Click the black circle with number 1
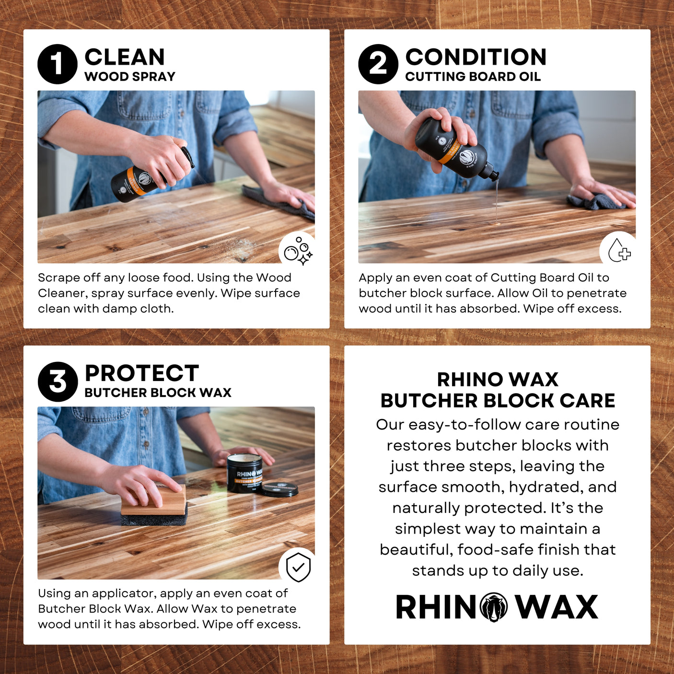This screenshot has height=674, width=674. [58, 64]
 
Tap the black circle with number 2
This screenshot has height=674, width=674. [378, 64]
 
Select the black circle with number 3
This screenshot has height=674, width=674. [58, 382]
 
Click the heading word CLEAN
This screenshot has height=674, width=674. [125, 57]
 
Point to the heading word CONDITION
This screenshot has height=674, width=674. [476, 57]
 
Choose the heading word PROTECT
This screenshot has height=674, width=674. [141, 373]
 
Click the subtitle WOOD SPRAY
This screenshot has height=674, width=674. [130, 77]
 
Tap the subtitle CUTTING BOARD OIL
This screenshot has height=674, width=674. [473, 77]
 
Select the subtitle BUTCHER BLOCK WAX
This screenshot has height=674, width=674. [158, 393]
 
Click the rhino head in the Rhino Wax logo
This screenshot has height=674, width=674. [494, 607]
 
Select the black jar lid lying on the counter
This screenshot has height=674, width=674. [279, 489]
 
